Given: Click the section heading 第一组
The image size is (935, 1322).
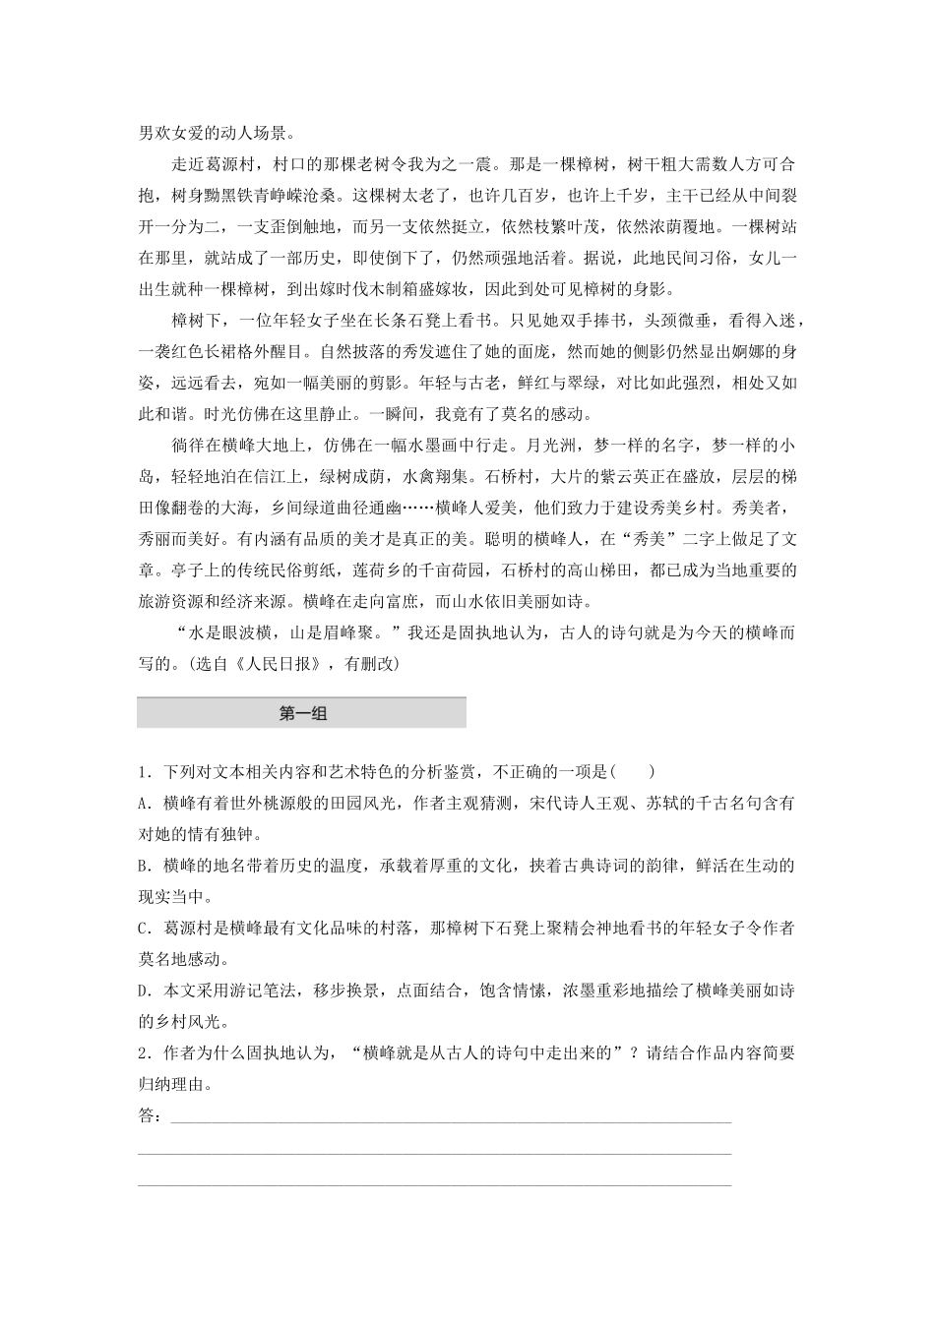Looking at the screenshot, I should coord(302,714).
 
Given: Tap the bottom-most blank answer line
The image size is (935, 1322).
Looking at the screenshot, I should coord(434,1184).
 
